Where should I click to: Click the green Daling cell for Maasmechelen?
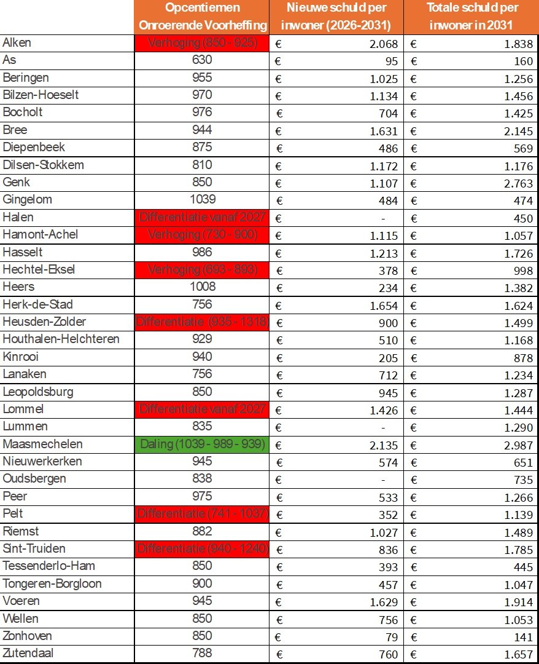click(x=201, y=444)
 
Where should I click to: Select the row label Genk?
click(x=17, y=182)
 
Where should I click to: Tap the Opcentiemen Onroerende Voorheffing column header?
click(x=202, y=17)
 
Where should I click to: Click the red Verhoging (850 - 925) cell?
click(x=201, y=43)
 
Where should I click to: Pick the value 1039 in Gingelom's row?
click(x=201, y=199)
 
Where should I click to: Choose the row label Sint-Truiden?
click(x=34, y=548)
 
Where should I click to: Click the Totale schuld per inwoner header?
click(x=472, y=17)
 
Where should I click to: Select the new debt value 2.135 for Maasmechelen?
click(x=384, y=445)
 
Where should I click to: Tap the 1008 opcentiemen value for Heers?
click(x=201, y=287)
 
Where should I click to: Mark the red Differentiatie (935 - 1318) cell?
click(x=201, y=322)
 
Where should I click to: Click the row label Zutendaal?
click(x=28, y=653)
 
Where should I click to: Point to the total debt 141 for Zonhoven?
click(x=521, y=637)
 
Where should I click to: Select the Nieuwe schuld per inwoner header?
click(x=336, y=17)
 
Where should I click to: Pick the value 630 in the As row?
click(x=201, y=60)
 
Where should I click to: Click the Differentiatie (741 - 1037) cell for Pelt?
click(x=201, y=513)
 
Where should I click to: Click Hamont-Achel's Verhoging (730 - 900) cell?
click(x=201, y=234)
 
